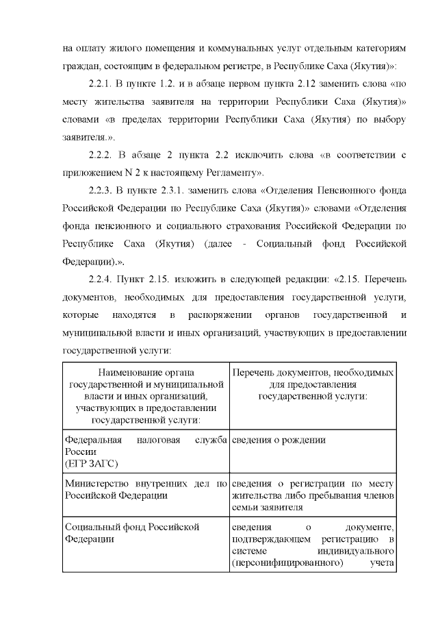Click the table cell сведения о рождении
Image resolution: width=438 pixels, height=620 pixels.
[x=279, y=441]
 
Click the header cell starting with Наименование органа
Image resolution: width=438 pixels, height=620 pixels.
[x=145, y=395]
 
